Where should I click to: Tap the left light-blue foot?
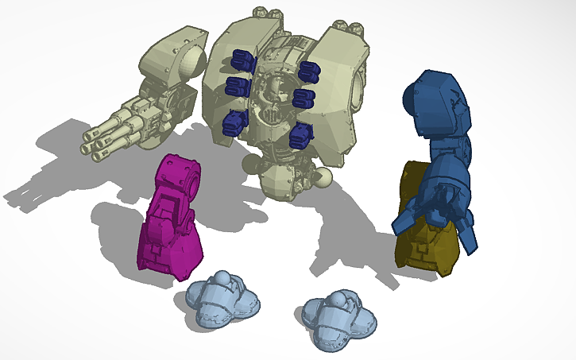coord(221,300)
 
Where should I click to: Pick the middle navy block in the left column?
coord(238,87)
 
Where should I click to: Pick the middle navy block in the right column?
coord(305,99)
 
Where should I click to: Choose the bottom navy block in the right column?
coord(300,136)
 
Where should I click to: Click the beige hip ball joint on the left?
coord(250,165)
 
